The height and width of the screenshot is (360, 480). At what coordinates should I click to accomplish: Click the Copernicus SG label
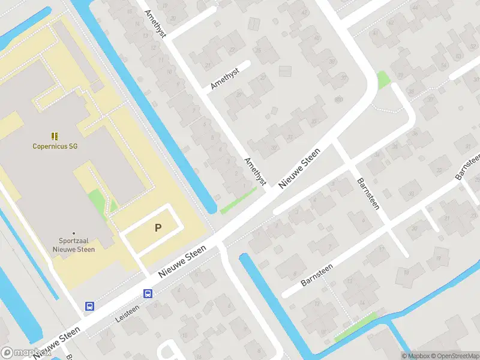pos(55,146)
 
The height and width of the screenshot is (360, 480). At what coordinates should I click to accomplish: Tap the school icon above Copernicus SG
pos(55,136)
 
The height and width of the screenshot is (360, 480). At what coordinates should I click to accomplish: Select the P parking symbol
pos(158,227)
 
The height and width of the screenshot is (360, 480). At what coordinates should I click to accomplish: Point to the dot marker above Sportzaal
pos(74,233)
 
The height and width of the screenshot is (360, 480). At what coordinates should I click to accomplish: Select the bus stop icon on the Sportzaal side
pos(89,306)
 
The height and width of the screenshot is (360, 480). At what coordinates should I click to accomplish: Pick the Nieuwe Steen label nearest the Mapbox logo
pos(57,343)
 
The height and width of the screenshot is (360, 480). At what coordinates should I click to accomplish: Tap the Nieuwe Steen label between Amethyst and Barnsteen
pos(298,169)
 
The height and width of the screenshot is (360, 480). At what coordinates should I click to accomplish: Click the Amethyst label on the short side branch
pos(225,79)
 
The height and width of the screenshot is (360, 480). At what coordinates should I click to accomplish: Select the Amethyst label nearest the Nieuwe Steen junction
pos(254,171)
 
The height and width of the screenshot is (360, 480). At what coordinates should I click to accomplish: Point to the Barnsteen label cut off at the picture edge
pos(467,166)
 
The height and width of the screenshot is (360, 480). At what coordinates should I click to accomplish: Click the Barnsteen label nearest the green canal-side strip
pos(316,272)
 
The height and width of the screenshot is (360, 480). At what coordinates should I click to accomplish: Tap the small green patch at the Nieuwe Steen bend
pos(382,80)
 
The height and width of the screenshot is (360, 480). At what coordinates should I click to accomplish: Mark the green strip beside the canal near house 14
pos(355,327)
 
